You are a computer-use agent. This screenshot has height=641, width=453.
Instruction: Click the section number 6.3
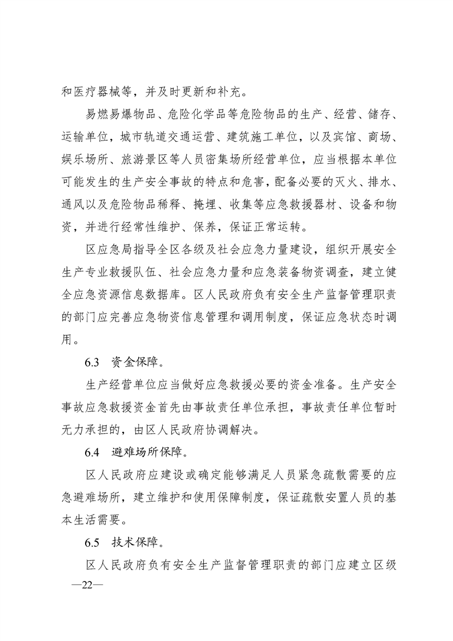point(93,362)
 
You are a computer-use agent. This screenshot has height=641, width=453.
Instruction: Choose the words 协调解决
point(235,430)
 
